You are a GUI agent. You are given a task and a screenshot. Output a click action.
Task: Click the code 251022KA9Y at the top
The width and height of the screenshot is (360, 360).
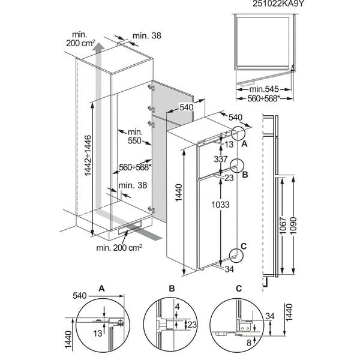(x=278, y=4)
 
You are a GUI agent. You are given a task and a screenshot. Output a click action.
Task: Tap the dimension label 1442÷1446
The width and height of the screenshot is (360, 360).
(x=88, y=155)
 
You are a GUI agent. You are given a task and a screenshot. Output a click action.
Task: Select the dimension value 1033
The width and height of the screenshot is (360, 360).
(x=220, y=205)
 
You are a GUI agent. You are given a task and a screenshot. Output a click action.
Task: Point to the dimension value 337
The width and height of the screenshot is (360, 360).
(x=221, y=159)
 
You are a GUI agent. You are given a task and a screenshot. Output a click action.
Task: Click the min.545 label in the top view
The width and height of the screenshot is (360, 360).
(x=264, y=89)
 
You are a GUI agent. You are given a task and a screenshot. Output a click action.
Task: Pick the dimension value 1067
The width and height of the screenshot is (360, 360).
(x=283, y=226)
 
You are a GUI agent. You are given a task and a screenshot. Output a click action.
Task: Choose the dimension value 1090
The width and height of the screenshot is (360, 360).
(x=293, y=226)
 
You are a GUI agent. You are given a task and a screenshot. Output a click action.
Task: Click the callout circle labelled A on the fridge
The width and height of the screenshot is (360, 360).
(x=238, y=133)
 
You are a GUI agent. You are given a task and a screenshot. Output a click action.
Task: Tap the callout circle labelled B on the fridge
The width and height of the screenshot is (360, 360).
(x=237, y=166)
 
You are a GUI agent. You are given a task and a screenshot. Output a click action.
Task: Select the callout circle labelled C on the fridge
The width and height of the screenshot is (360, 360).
(x=236, y=255)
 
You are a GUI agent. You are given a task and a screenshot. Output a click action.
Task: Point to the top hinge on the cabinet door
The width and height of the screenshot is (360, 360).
(x=151, y=87)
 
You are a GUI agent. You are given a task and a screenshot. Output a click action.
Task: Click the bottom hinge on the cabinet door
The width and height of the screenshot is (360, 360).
(x=151, y=209)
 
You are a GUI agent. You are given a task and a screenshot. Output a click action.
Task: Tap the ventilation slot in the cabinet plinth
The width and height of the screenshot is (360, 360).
(x=130, y=227)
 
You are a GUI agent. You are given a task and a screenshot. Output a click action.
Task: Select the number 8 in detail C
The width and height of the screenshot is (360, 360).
(x=249, y=343)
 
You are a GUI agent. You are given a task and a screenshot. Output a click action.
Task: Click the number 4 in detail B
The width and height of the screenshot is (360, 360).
(x=177, y=307)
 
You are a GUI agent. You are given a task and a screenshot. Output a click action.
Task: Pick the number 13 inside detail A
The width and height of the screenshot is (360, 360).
(x=98, y=333)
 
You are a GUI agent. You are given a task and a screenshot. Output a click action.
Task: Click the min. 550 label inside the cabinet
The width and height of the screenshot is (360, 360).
(x=135, y=136)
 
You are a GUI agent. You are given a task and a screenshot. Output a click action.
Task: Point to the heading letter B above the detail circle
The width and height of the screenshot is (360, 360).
(x=172, y=289)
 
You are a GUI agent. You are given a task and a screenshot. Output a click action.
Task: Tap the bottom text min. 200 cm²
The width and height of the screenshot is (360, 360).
(x=119, y=247)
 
